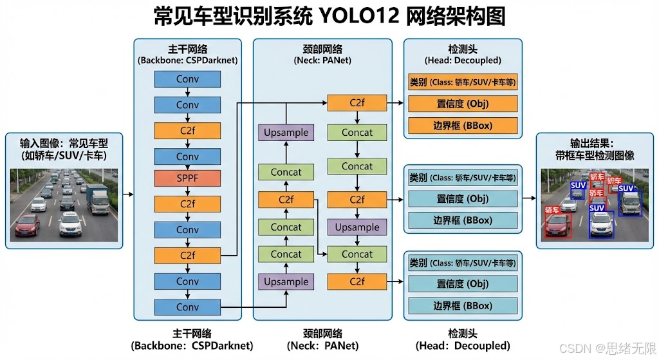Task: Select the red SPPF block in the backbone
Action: click(187, 178)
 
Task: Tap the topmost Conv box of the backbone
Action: click(187, 79)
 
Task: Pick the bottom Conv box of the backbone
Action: click(187, 307)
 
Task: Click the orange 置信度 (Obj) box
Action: click(463, 104)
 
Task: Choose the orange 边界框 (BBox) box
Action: click(463, 125)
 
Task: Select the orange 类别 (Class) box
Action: click(463, 82)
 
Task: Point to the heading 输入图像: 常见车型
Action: click(64, 143)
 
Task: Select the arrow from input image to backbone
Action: click(127, 193)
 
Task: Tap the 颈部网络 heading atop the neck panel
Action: click(322, 48)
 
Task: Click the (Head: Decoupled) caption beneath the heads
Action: click(463, 346)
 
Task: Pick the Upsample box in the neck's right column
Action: click(357, 227)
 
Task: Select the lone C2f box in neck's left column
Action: click(286, 200)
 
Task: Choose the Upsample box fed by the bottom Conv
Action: click(286, 281)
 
